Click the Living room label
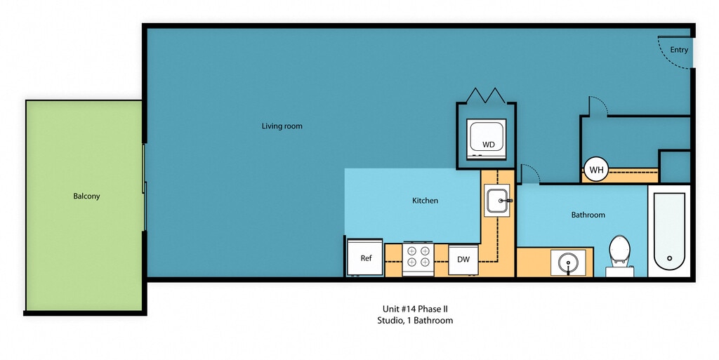(282, 126)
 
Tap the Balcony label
(86, 196)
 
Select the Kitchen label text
(425, 201)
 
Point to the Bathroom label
(588, 215)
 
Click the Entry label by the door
(679, 50)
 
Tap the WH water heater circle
(596, 170)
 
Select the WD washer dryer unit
(487, 138)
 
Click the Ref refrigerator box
(365, 258)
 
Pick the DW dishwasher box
(463, 260)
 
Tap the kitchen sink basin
(498, 201)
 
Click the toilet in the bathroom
(618, 252)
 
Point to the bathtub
(668, 232)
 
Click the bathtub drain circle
(669, 258)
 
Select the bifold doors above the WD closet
(486, 95)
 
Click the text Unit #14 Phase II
(414, 309)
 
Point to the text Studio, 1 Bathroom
(414, 321)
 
